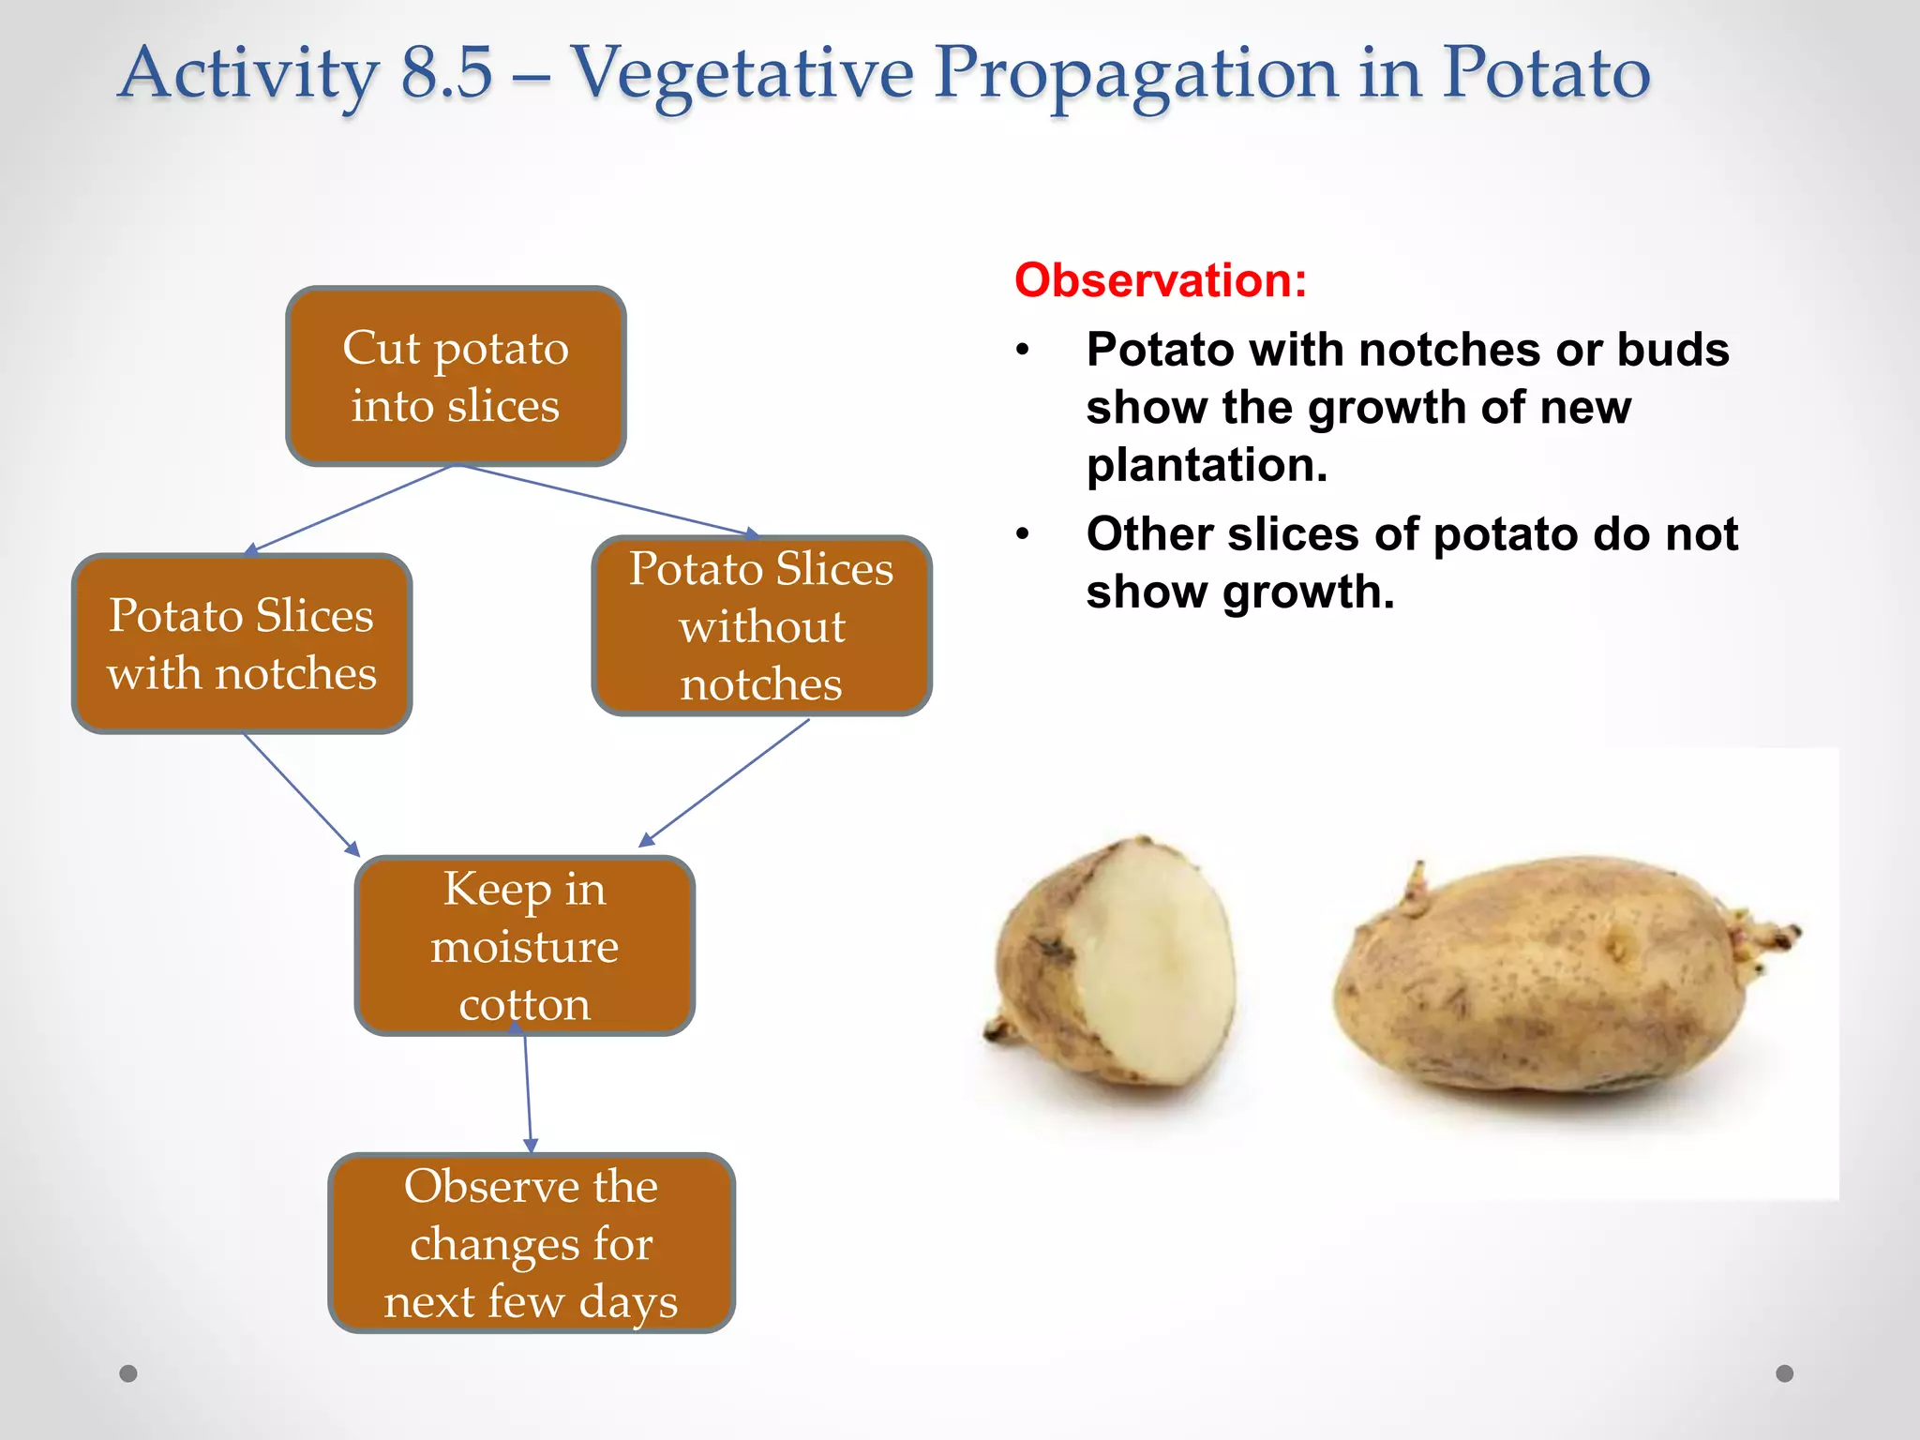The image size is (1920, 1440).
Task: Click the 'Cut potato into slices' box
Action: [x=456, y=376]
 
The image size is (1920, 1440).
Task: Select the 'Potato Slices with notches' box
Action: [x=242, y=643]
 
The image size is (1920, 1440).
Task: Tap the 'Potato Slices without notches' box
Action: [x=761, y=625]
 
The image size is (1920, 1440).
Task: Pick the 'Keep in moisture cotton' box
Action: [x=524, y=945]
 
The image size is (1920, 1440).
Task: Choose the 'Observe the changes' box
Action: [x=531, y=1242]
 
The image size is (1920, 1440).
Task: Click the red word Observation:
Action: [x=1160, y=280]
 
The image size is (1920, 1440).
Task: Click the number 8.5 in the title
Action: [x=446, y=73]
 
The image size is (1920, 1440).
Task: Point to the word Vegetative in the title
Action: [x=742, y=73]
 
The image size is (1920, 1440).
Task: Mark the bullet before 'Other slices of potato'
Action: [x=1023, y=535]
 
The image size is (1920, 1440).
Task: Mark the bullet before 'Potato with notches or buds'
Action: [x=1023, y=351]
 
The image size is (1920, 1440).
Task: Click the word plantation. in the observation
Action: [x=1207, y=465]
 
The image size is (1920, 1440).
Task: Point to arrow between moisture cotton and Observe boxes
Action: [x=528, y=1093]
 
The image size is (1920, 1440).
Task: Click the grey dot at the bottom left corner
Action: [x=128, y=1373]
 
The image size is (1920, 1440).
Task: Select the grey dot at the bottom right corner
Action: [x=1784, y=1373]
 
